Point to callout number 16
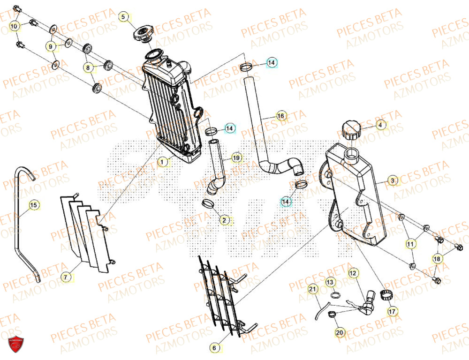[x=280, y=115]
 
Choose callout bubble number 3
[x=393, y=180]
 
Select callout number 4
[x=380, y=125]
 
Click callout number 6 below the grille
[x=214, y=348]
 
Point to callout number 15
[x=33, y=205]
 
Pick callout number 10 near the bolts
[x=15, y=26]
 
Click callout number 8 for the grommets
[x=88, y=67]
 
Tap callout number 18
[x=437, y=259]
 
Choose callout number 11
[x=410, y=244]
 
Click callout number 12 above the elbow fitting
[x=353, y=272]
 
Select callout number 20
[x=340, y=333]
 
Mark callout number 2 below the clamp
[x=224, y=219]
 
